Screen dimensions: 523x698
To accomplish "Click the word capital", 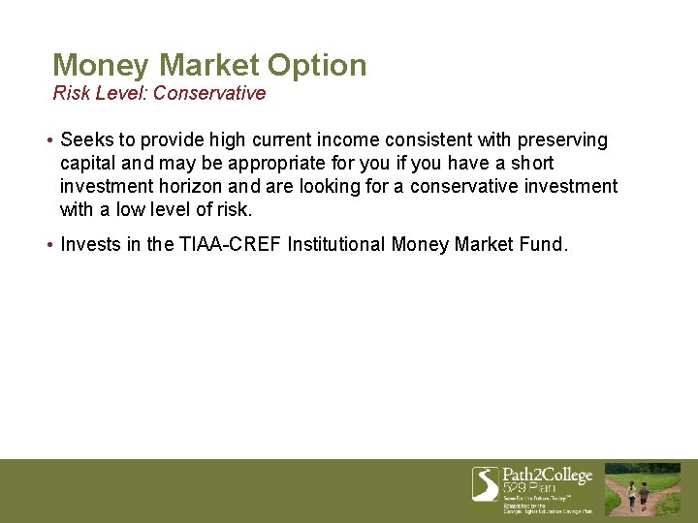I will [x=89, y=164].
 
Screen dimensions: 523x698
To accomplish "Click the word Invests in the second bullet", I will [x=89, y=244].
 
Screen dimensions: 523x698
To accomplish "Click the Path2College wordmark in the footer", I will [x=547, y=476].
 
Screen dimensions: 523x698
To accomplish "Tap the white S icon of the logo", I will [x=485, y=483].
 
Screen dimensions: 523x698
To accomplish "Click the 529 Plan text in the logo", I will [x=529, y=490].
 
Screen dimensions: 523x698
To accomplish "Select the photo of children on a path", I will [x=643, y=489].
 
